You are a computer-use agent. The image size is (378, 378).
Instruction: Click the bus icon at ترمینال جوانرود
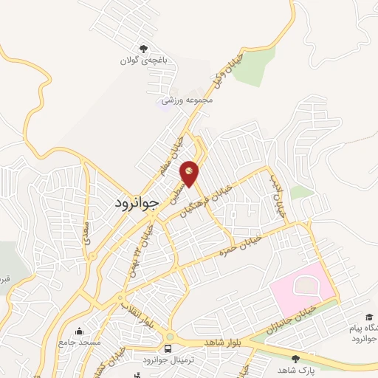(168, 348)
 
